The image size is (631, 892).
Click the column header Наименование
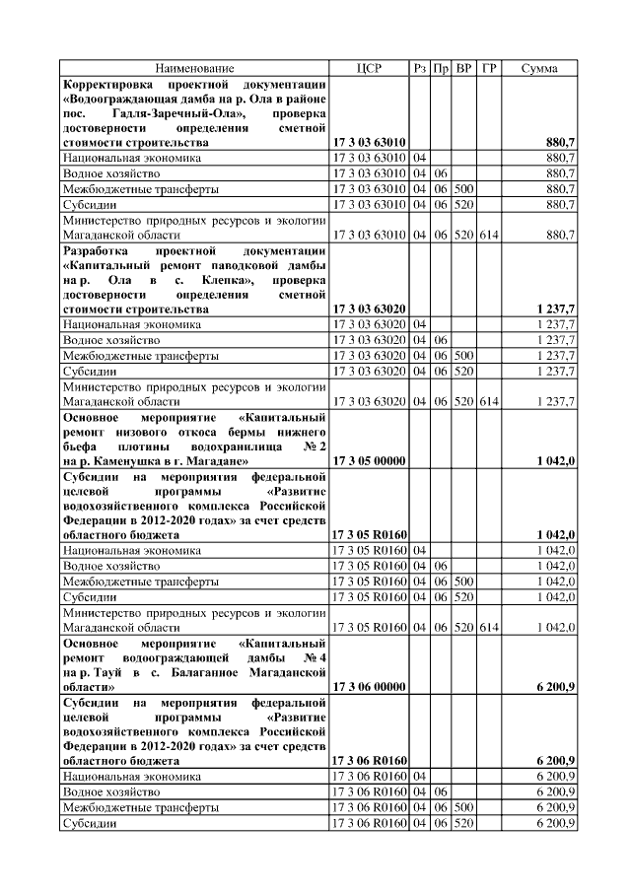[x=193, y=68]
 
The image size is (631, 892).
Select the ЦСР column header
[x=369, y=68]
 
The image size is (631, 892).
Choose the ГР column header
[x=490, y=68]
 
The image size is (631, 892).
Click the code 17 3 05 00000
[x=369, y=460]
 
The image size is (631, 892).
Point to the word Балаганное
[x=217, y=670]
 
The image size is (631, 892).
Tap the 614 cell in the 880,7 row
[x=490, y=236]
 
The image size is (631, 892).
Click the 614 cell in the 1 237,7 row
[x=490, y=401]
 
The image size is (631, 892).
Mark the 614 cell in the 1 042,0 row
[x=490, y=626]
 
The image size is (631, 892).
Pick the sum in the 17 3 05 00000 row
[x=556, y=460]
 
